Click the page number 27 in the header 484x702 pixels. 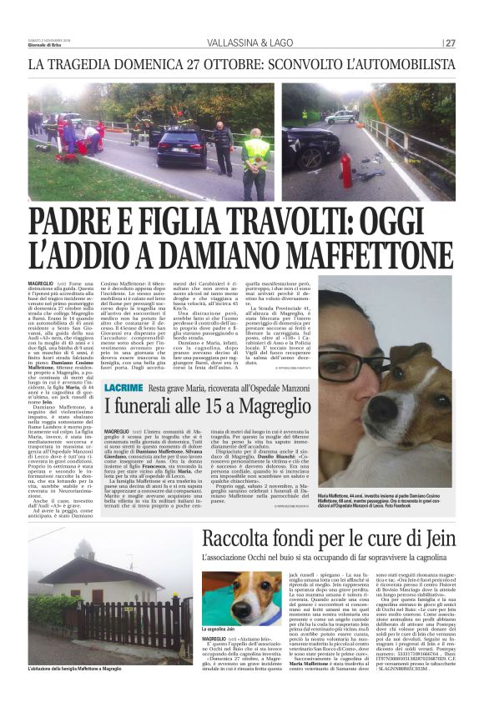tap(451, 43)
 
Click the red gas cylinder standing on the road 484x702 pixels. tap(345, 171)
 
